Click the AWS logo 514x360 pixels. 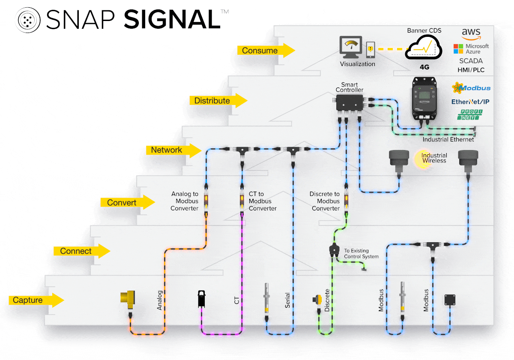point(471,34)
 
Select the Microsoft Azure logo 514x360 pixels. point(471,48)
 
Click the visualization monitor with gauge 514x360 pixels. point(351,47)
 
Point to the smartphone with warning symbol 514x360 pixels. point(371,50)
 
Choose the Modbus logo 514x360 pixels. point(471,88)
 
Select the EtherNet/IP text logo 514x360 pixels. point(471,102)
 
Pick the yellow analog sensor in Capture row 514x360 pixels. point(127,299)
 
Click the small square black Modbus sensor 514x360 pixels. point(450,300)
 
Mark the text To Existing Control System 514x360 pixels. point(361,254)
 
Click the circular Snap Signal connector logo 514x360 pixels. point(28,19)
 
